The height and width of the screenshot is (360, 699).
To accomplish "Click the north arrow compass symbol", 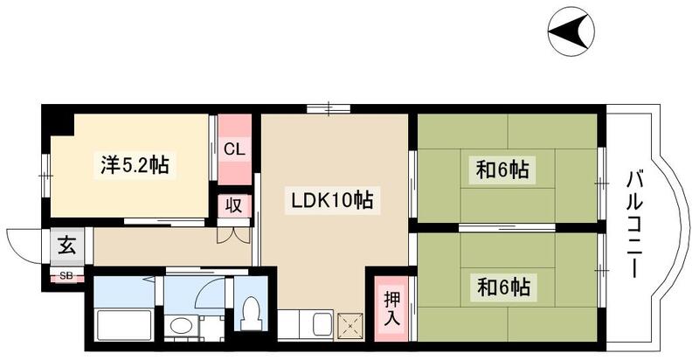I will pyautogui.click(x=573, y=34).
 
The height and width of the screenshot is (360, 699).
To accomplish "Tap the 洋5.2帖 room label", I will pyautogui.click(x=132, y=163).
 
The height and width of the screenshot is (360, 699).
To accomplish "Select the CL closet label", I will pyautogui.click(x=234, y=149).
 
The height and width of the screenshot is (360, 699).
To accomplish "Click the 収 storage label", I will pyautogui.click(x=234, y=207).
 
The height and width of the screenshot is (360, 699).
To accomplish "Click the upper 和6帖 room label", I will pyautogui.click(x=503, y=170).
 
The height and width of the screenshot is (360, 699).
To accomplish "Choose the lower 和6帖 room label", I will pyautogui.click(x=503, y=286).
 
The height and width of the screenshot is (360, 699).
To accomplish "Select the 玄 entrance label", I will pyautogui.click(x=66, y=246).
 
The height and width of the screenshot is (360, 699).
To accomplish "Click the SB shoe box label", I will pyautogui.click(x=66, y=277).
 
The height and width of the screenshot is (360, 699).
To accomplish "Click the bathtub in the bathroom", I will pyautogui.click(x=124, y=329).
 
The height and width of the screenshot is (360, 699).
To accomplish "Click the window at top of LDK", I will pyautogui.click(x=330, y=108).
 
